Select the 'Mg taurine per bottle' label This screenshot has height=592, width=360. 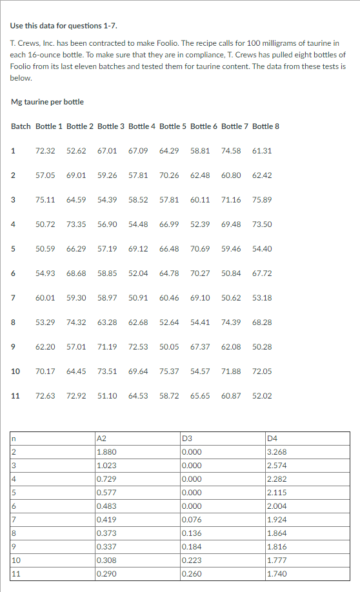click(48, 102)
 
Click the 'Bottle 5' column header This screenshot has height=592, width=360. click(172, 126)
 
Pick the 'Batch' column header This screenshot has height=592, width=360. click(21, 126)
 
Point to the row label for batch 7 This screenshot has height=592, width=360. click(13, 298)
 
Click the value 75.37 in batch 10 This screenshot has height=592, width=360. click(169, 371)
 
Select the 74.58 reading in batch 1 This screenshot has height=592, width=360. click(231, 151)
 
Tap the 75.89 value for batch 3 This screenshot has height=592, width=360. click(262, 200)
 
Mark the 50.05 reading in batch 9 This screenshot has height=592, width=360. click(169, 347)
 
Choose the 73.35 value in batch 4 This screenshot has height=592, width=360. click(76, 224)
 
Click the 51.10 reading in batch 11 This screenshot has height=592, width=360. click(107, 396)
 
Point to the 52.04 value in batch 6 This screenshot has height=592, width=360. click(138, 273)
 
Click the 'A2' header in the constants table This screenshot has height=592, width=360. click(101, 440)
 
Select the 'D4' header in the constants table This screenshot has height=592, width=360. click(272, 440)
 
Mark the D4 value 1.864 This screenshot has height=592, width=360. click(277, 533)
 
